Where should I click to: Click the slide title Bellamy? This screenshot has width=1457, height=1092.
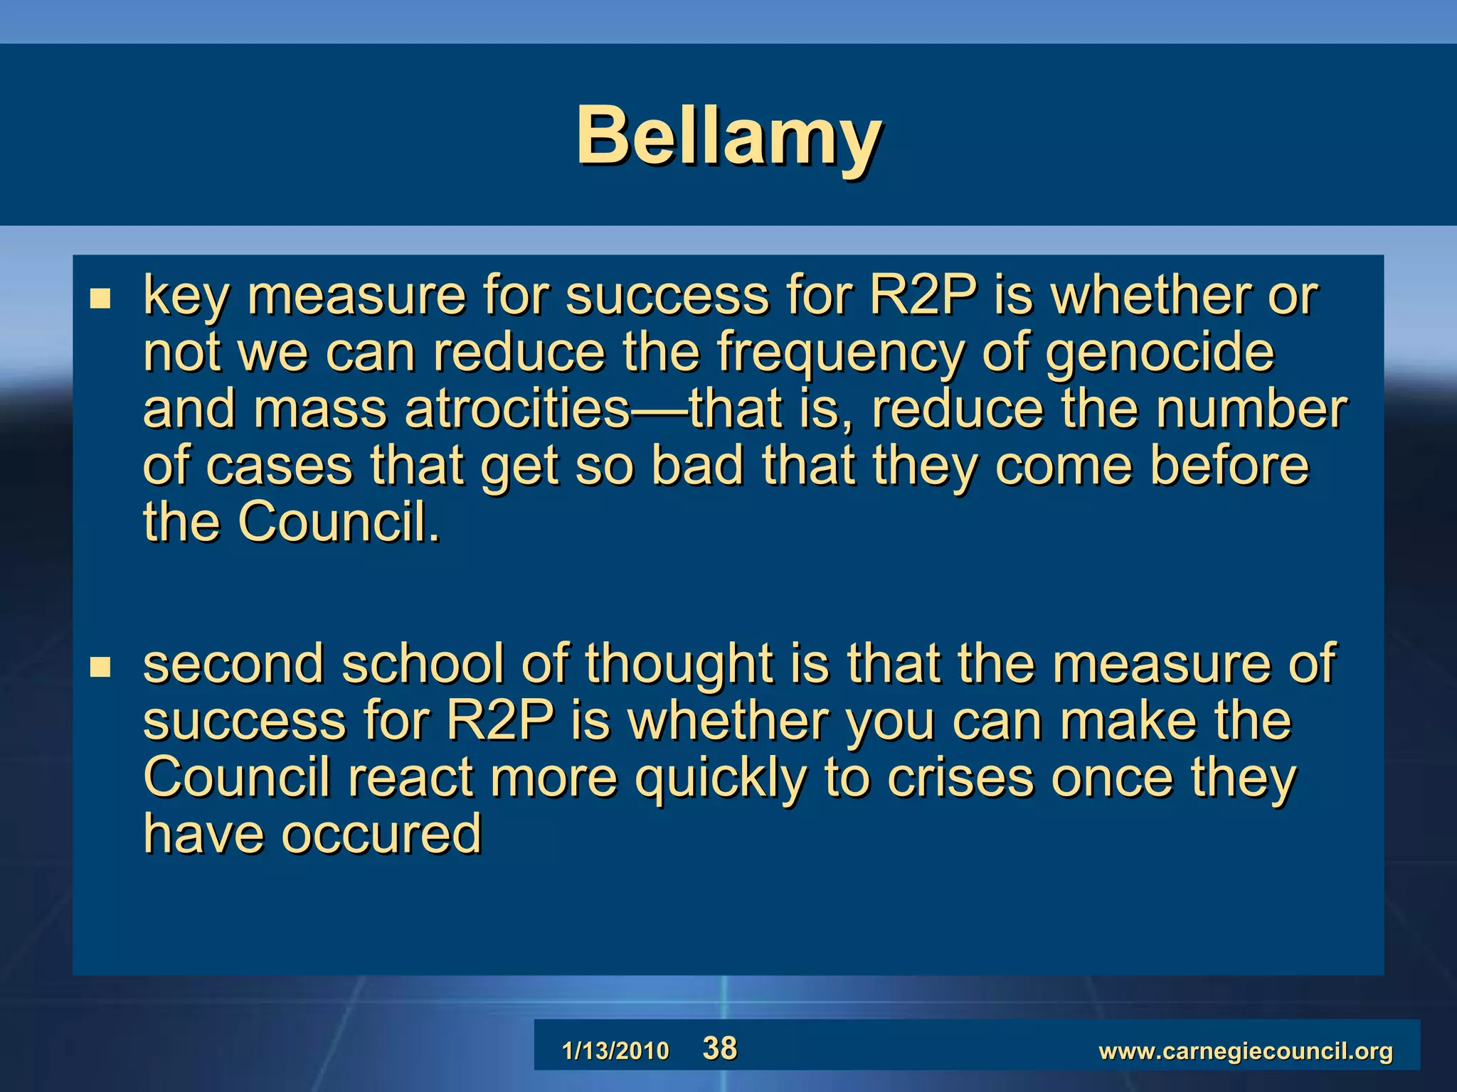729,135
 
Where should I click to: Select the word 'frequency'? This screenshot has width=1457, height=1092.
839,353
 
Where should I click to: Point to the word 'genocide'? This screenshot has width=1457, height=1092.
1160,353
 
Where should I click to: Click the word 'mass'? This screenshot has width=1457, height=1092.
320,409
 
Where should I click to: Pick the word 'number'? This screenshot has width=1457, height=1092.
1251,409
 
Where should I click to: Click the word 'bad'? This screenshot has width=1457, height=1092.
696,466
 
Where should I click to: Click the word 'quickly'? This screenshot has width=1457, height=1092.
720,778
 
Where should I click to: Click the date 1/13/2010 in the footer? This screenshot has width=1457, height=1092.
615,1051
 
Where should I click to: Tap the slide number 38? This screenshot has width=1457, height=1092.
720,1049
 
